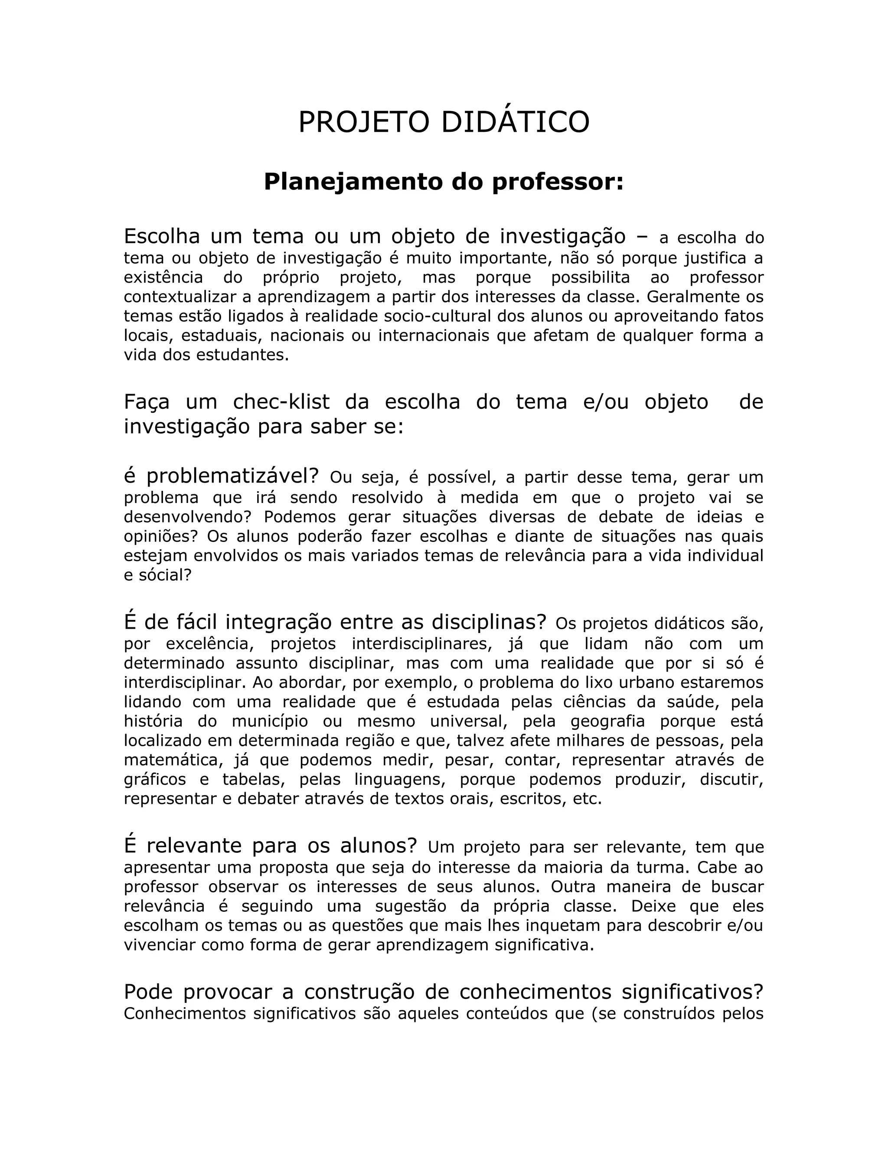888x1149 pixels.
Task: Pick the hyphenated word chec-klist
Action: pyautogui.click(x=281, y=402)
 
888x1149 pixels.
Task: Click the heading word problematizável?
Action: pyautogui.click(x=232, y=476)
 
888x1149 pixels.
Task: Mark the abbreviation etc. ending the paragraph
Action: pyautogui.click(x=587, y=799)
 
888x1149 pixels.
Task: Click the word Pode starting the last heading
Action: pyautogui.click(x=148, y=992)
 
